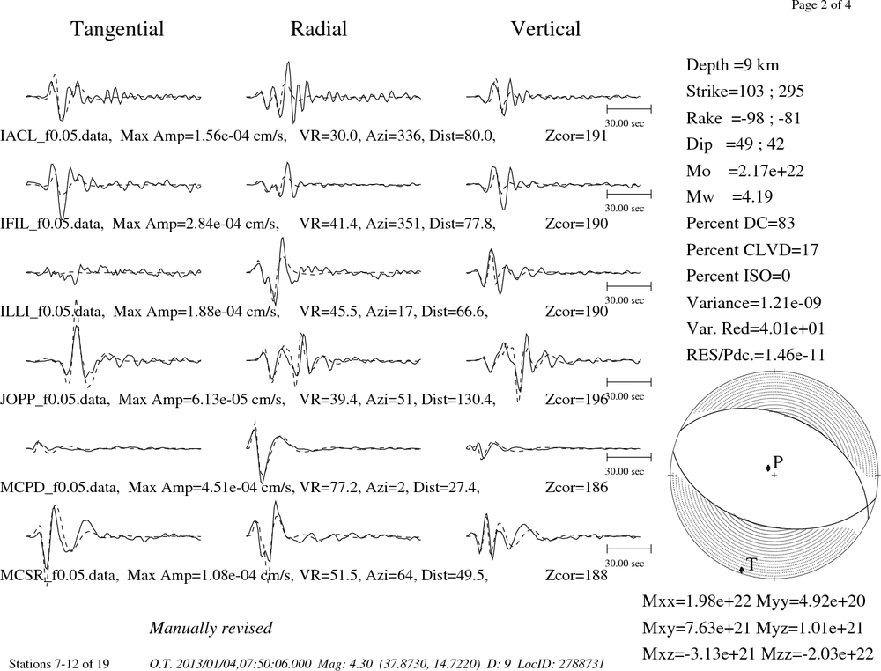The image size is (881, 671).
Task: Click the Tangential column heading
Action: coord(117,29)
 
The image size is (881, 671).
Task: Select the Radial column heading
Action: coord(319,29)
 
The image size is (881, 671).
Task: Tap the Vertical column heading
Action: coord(545,29)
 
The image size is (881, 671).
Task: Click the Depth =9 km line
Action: coord(732,65)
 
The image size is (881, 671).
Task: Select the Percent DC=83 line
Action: coord(741,224)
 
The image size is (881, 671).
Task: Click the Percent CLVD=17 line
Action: coord(752,250)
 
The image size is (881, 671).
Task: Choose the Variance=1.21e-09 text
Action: coord(754,303)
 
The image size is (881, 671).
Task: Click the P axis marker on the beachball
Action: coord(768,468)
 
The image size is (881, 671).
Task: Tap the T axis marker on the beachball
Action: coord(742,570)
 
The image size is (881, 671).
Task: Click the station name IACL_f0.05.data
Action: coord(55,136)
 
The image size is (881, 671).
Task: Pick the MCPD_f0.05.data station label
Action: coord(60,487)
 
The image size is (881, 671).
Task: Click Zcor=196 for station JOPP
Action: coord(576,400)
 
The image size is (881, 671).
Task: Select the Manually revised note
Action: coord(211,628)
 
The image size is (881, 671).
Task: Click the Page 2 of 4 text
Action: coord(821,5)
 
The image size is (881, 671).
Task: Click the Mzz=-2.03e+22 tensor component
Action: coord(818,653)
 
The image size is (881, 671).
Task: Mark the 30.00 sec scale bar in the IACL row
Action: coord(629,108)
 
